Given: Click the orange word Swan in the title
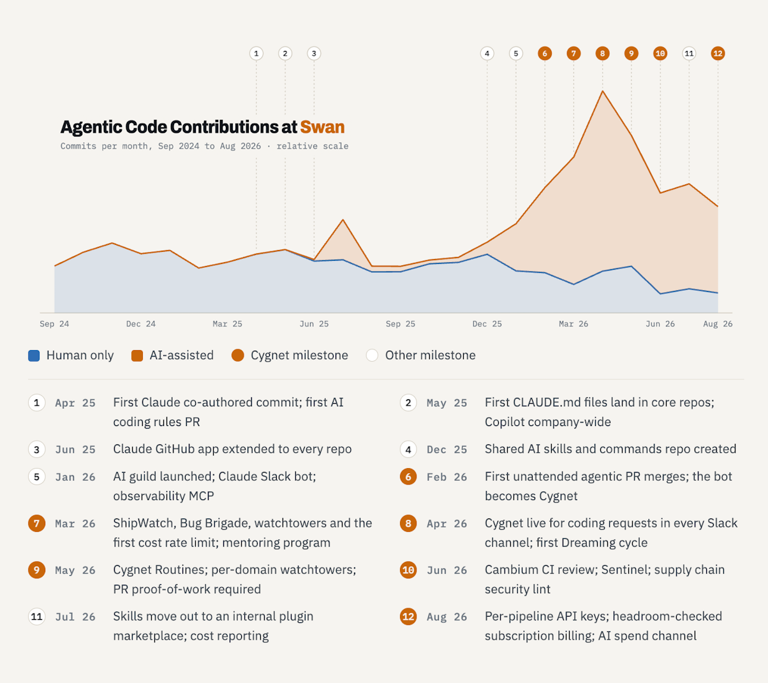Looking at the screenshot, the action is point(322,127).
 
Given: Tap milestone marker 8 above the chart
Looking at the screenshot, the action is point(602,54).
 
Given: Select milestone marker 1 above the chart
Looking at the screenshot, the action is point(256,54).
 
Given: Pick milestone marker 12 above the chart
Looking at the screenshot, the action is point(718,54).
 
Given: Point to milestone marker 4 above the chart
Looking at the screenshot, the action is point(487,54).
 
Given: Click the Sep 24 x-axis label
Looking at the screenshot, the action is point(54,324).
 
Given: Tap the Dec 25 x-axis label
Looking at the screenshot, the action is point(487,324).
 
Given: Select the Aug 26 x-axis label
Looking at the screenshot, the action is point(718,324).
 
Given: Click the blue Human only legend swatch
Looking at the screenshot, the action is point(34,355).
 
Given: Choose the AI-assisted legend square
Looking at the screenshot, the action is point(137,355).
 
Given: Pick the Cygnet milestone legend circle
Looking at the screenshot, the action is point(238,355).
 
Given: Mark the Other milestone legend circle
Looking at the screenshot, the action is point(373,355).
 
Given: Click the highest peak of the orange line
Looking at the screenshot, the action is point(602,91).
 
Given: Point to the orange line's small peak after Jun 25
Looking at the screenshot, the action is point(343,220).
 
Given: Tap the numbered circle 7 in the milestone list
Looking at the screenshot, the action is point(37,524).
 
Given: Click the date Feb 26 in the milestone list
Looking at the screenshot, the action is point(447,477).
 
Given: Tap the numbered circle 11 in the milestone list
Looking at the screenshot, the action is point(37,617).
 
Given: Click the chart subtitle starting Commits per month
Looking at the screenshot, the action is point(204,146).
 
